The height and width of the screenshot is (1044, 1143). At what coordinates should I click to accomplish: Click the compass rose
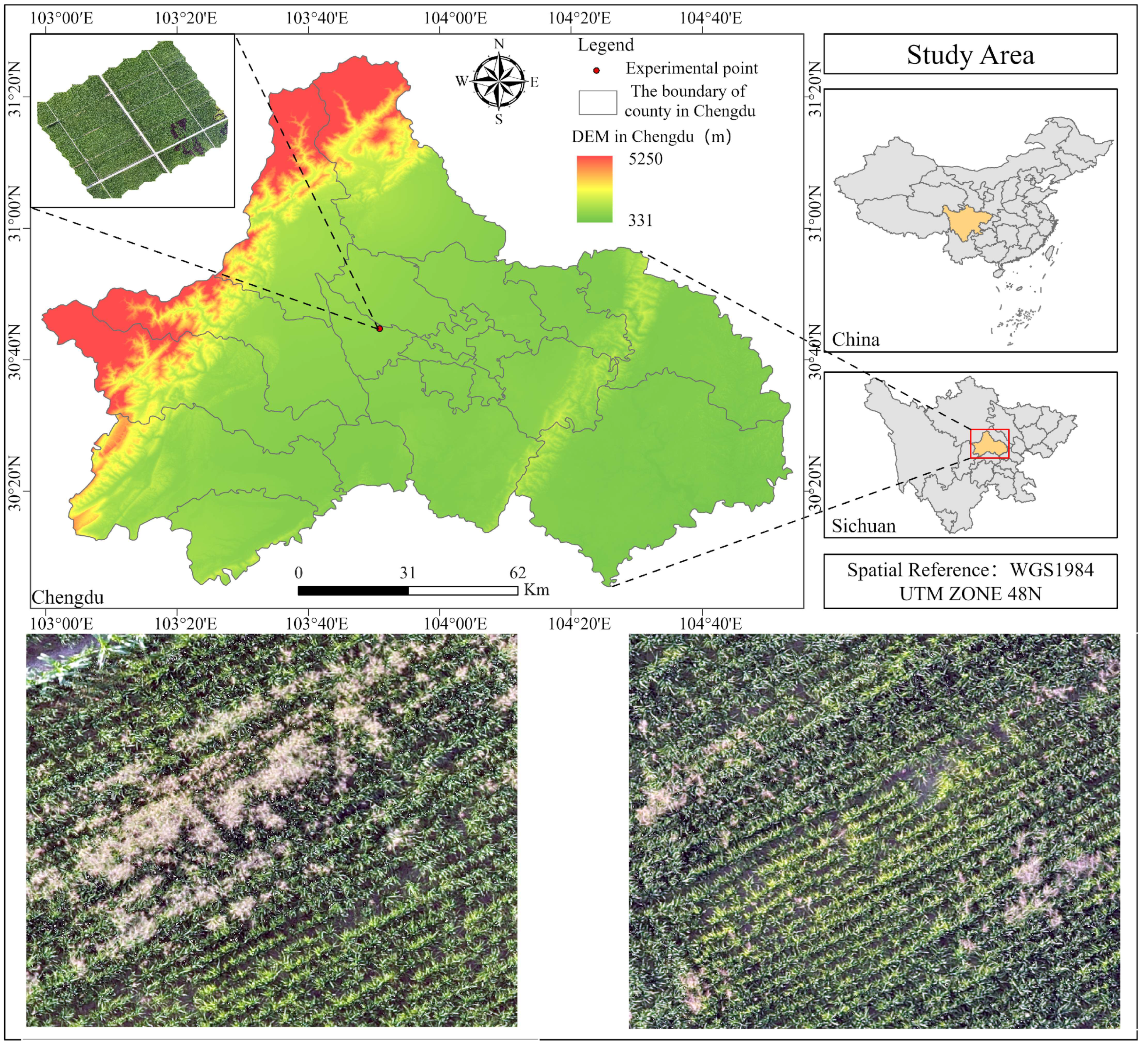coord(498,81)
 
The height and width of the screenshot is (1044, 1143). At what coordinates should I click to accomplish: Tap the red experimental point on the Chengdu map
coord(380,329)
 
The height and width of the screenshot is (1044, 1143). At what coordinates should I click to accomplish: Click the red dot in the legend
coord(596,70)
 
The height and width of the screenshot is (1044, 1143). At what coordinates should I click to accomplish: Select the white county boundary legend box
coord(598,102)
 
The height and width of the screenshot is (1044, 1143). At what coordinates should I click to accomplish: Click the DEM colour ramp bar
coord(595,189)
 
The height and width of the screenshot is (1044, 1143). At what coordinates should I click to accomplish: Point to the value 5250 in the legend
coord(645,159)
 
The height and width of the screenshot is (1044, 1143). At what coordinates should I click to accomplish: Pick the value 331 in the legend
coord(640,220)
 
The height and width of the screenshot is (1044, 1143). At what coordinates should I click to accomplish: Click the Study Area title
coord(970,55)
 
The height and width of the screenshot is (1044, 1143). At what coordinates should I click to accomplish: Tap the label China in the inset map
coord(855,339)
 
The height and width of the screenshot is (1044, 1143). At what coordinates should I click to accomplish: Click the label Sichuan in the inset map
coord(864,526)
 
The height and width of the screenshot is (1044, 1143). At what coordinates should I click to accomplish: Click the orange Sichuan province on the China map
coord(965,223)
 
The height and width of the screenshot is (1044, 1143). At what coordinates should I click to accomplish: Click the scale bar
coord(407,590)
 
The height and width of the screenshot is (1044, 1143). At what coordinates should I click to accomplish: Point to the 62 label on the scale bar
coord(517,573)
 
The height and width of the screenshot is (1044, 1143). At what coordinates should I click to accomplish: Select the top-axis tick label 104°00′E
coord(455,18)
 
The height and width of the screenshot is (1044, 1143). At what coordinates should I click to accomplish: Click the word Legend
coord(606,45)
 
